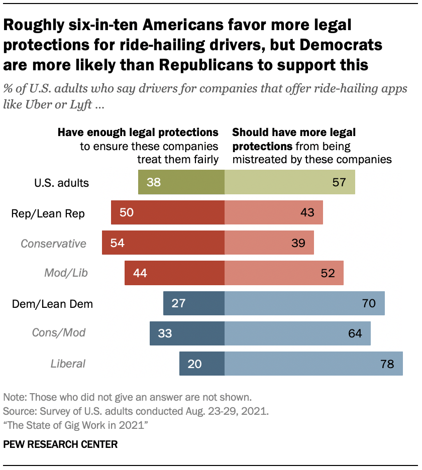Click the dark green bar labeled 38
click(181, 182)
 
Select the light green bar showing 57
click(289, 182)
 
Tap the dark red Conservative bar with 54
click(163, 243)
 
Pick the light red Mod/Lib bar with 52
click(284, 273)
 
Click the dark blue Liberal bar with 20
click(202, 363)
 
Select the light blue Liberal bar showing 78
click(313, 363)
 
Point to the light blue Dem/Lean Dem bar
click(304, 303)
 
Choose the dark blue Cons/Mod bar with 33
click(187, 333)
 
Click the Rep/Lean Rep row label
click(48, 213)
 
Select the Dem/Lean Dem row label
click(51, 304)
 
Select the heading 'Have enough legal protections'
click(138, 133)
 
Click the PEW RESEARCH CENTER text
click(60, 444)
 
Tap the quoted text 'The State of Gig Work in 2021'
click(75, 425)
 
